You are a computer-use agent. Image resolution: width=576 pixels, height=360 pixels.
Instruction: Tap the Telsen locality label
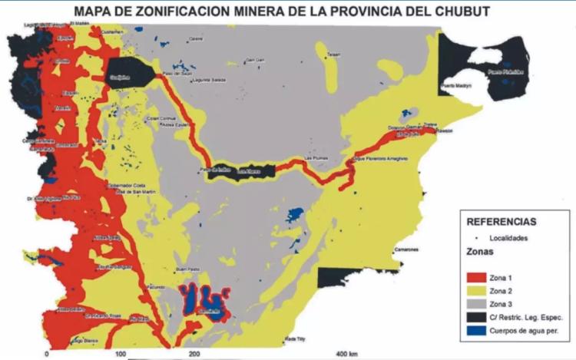point(333,54)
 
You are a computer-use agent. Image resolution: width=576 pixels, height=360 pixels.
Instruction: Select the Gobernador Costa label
point(128,185)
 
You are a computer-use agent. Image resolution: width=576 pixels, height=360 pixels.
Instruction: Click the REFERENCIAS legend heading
point(502,222)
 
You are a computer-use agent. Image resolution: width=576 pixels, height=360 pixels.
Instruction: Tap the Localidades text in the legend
point(508,239)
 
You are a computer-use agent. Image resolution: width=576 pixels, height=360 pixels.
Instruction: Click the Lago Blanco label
point(87,339)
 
